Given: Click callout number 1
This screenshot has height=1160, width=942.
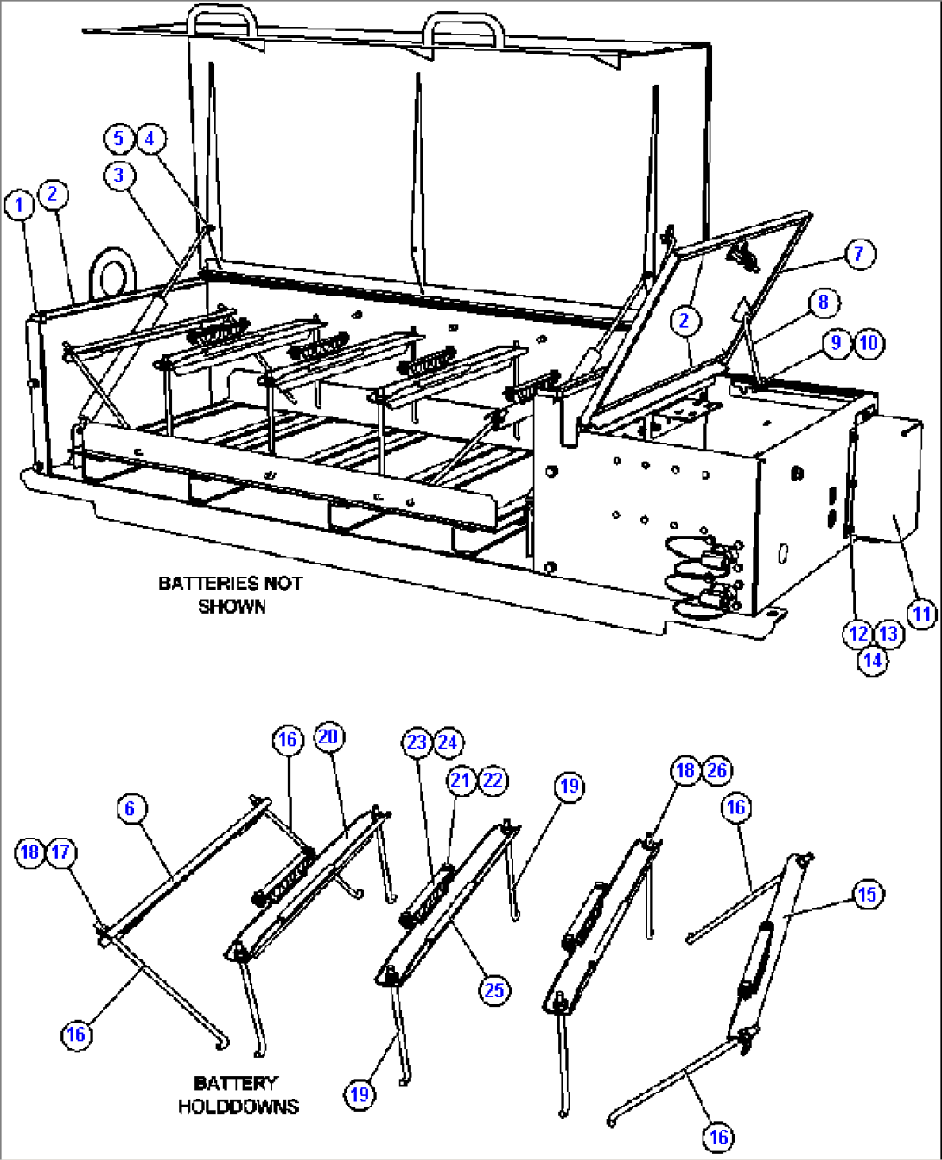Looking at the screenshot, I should click(x=19, y=206).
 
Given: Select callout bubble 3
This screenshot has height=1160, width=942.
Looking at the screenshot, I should click(x=119, y=175).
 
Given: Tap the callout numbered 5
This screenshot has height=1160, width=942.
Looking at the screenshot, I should click(x=118, y=138).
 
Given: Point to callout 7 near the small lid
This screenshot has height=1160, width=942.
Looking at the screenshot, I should click(x=859, y=254).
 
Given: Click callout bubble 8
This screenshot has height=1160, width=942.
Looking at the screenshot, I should click(x=823, y=302).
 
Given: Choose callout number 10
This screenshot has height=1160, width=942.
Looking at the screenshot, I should click(x=869, y=343).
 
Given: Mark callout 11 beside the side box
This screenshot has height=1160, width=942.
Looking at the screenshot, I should click(x=921, y=614).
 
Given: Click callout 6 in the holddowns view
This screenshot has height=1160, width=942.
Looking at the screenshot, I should click(x=130, y=808).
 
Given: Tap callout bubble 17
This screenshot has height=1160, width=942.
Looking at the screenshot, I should click(x=60, y=852).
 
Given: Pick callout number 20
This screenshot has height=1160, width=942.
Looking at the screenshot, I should click(x=328, y=736).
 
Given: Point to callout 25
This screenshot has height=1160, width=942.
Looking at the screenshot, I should click(x=493, y=990).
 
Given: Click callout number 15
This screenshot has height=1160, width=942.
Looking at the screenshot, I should click(x=868, y=894).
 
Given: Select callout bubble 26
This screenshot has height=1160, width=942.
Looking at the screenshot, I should click(x=717, y=770).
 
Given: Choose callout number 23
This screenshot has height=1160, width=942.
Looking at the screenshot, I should click(x=417, y=743).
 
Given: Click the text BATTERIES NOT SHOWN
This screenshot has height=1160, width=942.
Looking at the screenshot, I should click(x=231, y=595).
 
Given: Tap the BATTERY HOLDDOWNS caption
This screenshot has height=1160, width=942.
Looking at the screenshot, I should click(x=238, y=1094).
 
